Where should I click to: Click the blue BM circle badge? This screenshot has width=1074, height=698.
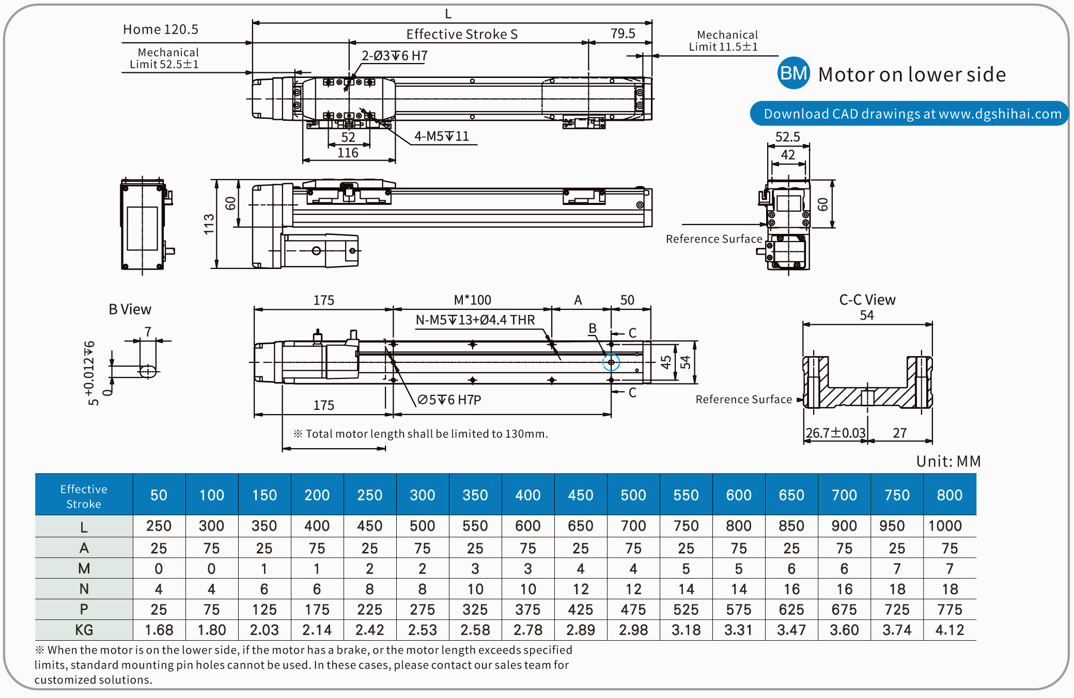pyautogui.click(x=793, y=73)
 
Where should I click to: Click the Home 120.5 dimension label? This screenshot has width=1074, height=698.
pyautogui.click(x=160, y=29)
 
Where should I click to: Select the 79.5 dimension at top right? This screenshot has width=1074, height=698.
pyautogui.click(x=622, y=34)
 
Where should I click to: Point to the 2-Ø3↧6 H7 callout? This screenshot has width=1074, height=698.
pyautogui.click(x=394, y=56)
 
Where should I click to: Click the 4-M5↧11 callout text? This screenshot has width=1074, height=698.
pyautogui.click(x=442, y=136)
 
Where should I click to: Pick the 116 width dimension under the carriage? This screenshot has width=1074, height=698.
pyautogui.click(x=348, y=153)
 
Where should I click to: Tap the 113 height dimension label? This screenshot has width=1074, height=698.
pyautogui.click(x=209, y=224)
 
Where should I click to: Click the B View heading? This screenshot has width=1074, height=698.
pyautogui.click(x=130, y=309)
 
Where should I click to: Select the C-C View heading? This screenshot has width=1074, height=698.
pyautogui.click(x=867, y=300)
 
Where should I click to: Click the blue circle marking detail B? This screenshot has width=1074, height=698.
pyautogui.click(x=611, y=362)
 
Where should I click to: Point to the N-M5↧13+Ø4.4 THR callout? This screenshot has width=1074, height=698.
pyautogui.click(x=475, y=320)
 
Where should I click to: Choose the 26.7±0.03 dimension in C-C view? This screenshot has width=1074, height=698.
pyautogui.click(x=835, y=433)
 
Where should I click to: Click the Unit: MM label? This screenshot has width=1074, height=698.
pyautogui.click(x=948, y=461)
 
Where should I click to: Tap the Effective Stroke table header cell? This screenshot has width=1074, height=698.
pyautogui.click(x=84, y=496)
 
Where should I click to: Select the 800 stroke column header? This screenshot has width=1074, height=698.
pyautogui.click(x=950, y=495)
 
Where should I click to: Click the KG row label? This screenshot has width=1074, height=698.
pyautogui.click(x=84, y=630)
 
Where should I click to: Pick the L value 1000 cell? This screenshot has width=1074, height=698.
pyautogui.click(x=945, y=526)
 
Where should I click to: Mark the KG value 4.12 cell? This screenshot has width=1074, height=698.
pyautogui.click(x=950, y=630)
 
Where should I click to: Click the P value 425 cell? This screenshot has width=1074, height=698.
pyautogui.click(x=581, y=610)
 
